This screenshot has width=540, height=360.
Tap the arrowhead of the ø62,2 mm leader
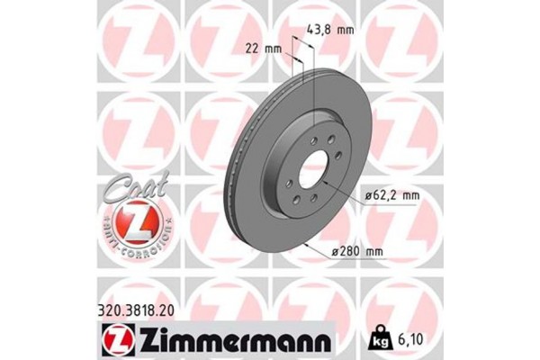point(323,184)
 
